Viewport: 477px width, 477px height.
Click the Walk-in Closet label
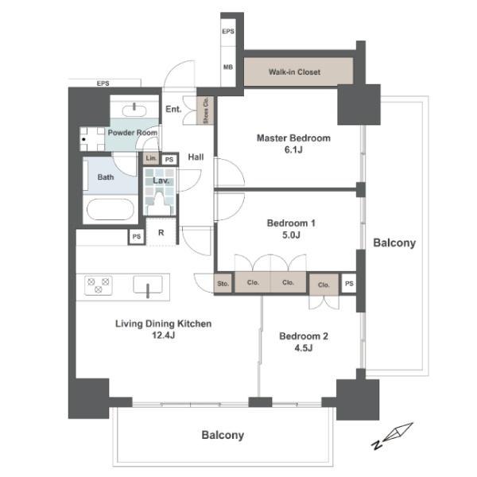coord(294,72)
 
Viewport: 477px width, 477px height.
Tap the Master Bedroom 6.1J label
coord(293,144)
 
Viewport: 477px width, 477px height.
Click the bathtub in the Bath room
coord(111,210)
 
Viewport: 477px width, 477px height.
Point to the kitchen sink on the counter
coord(148,285)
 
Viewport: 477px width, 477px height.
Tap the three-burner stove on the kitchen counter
coord(99,285)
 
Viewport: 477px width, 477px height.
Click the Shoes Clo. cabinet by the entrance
coord(205,111)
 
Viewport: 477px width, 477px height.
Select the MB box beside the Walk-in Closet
coord(228,67)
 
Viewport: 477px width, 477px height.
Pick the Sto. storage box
coord(223,284)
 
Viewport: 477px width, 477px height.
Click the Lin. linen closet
coord(151,158)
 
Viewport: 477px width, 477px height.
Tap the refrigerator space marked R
coord(161,232)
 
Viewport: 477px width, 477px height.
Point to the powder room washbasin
coord(134,111)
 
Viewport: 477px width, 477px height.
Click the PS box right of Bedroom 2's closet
coord(349,284)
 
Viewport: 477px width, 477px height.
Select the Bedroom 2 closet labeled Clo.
coord(324,285)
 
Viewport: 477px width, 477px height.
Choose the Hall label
coord(196,157)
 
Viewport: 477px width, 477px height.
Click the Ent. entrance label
coord(173,109)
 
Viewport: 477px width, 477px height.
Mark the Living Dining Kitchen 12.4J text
coord(163,329)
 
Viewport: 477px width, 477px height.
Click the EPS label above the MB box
coord(228,31)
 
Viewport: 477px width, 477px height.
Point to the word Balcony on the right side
coord(394,242)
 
